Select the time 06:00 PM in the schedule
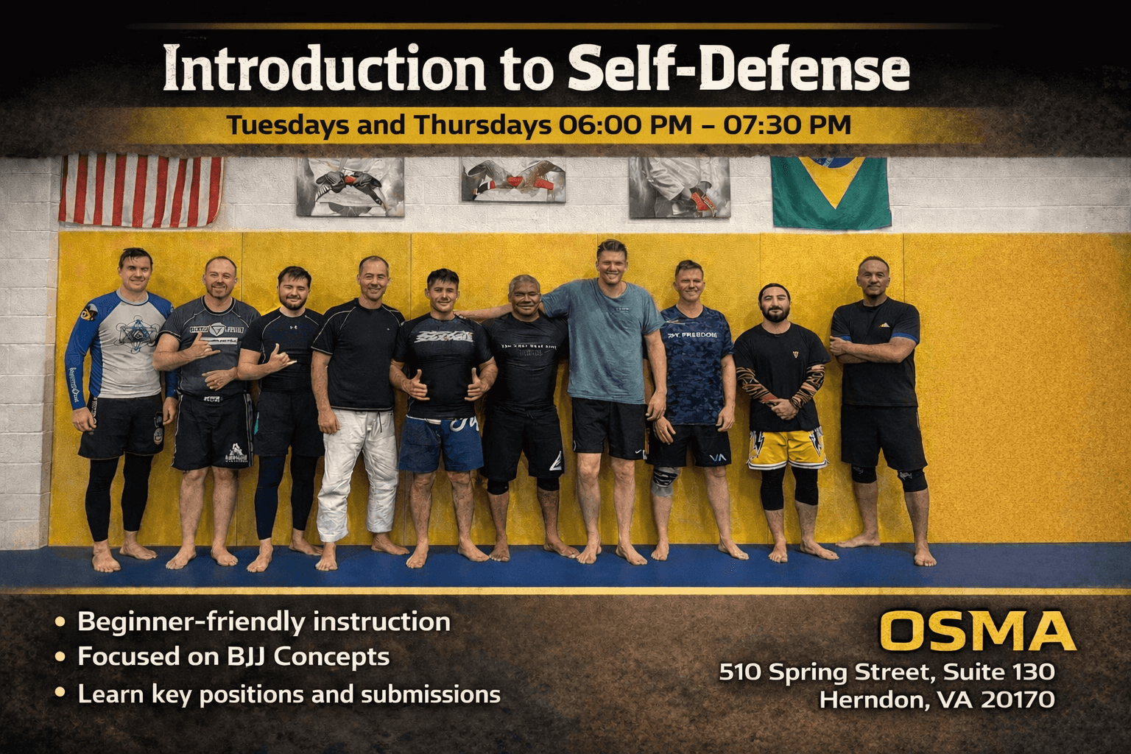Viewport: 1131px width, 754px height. coord(625,124)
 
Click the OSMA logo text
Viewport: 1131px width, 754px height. coord(976,631)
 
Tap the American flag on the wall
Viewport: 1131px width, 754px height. coord(141,189)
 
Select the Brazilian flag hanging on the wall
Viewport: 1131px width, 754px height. coord(830,191)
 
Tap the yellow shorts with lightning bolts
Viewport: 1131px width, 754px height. coord(786,448)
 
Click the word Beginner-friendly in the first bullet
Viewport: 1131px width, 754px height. coord(191,621)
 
